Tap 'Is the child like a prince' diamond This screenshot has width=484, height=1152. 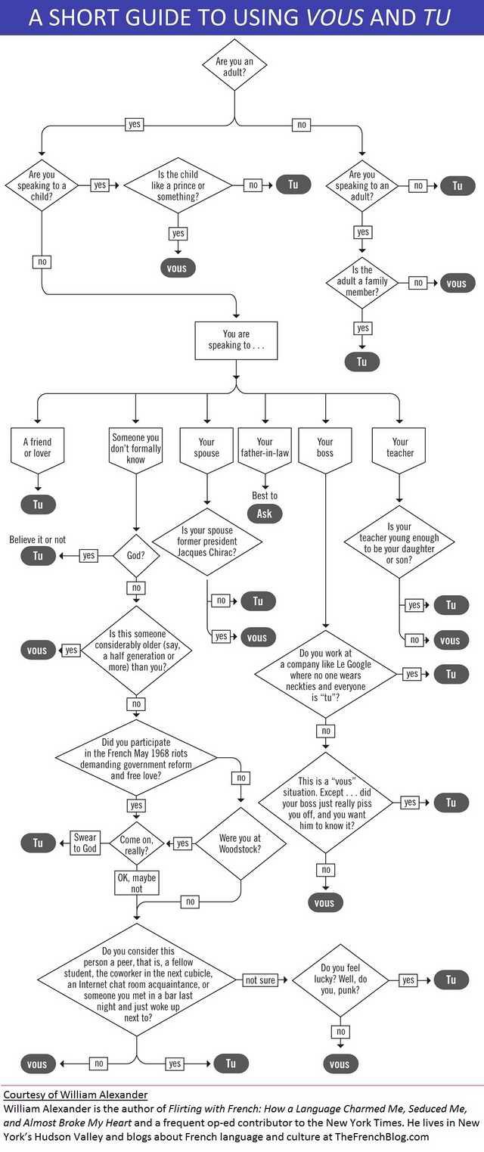coord(178,185)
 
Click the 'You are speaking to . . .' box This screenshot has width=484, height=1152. coord(236,340)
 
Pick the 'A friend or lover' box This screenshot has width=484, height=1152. coord(38,448)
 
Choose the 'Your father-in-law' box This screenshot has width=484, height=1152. coord(265,448)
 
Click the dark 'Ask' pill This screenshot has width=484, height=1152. coord(264,514)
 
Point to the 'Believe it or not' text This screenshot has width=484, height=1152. coord(38,540)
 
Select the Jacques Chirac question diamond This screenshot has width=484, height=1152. coord(207,542)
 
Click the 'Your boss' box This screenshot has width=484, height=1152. coord(325,448)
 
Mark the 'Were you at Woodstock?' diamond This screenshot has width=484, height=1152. coord(240,843)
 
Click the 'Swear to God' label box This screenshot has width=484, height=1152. coord(85,843)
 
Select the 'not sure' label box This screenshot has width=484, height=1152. coord(261,980)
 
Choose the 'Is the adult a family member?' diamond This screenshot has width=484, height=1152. coord(362,281)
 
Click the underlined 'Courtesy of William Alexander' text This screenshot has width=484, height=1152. coord(76,1095)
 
